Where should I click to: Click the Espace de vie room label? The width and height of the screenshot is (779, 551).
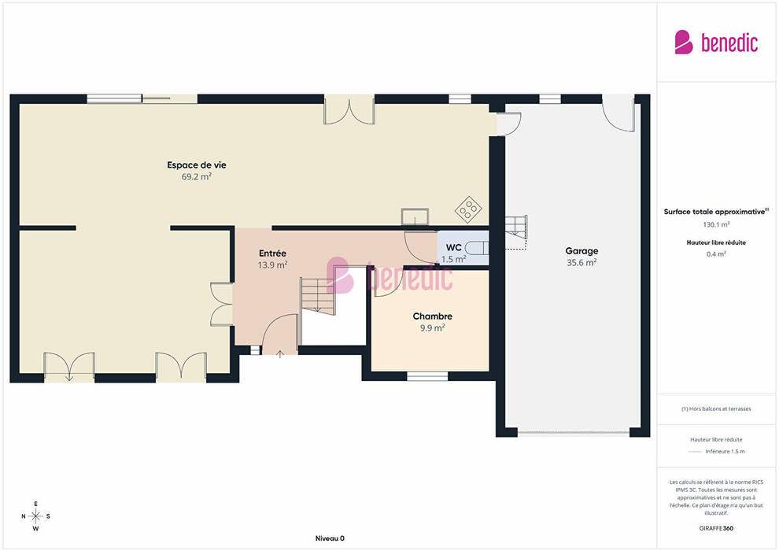point(196,165)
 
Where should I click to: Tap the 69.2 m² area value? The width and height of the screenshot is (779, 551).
point(197,176)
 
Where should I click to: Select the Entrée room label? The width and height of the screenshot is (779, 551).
point(272,253)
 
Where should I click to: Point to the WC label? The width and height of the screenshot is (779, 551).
point(453,247)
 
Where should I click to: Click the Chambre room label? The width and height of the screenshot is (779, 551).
point(432,316)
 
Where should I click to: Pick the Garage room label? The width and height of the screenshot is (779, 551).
point(581,251)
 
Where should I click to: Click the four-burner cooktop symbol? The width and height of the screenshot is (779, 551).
point(468,209)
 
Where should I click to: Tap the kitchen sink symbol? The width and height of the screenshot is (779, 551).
point(415,216)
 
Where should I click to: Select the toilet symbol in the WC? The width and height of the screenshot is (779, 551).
point(477,248)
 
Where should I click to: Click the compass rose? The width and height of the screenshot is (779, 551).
point(35,516)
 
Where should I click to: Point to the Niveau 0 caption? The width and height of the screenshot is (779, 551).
point(330,538)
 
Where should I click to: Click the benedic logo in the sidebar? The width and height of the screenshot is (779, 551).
point(716,43)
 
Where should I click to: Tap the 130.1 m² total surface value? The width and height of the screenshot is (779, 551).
point(716,224)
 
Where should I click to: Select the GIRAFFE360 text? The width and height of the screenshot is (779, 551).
point(716,528)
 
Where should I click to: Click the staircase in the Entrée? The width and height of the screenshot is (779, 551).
point(318,296)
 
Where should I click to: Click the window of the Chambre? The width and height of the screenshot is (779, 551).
point(427,376)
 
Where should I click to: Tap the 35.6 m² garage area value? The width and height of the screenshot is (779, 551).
point(581,262)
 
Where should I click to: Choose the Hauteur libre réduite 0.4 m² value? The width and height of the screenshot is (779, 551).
point(716,254)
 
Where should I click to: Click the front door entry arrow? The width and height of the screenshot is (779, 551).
point(280,353)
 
